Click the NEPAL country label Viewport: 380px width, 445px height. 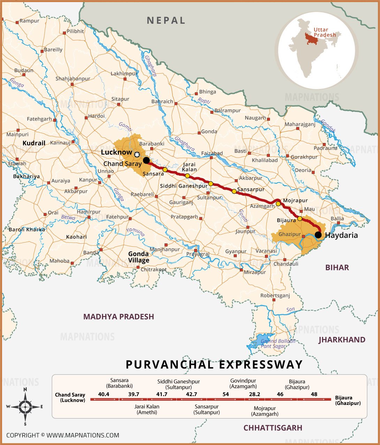click(x=166, y=20)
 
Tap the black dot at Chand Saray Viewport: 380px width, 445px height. click(x=146, y=160)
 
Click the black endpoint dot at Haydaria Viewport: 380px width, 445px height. click(x=318, y=235)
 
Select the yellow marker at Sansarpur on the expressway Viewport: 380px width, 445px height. click(x=234, y=191)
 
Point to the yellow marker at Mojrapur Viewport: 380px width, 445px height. click(x=278, y=204)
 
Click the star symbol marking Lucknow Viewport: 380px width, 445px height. click(x=137, y=154)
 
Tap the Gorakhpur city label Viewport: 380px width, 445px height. click(x=304, y=157)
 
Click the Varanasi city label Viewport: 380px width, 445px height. click(x=266, y=251)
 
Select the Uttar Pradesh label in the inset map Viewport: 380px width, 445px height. click(x=325, y=32)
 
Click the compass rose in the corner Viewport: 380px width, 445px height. click(x=25, y=406)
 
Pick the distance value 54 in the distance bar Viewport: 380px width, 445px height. click(x=226, y=394)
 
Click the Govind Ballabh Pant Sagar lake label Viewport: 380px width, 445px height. click(x=278, y=344)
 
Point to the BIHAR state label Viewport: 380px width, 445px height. click(x=337, y=267)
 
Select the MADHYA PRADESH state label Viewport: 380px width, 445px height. click(x=119, y=317)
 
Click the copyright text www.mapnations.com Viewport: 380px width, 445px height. click(x=63, y=435)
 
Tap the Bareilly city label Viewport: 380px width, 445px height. click(x=53, y=50)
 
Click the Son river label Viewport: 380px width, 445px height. click(x=290, y=309)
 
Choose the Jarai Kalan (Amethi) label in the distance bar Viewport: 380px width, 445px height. click(x=147, y=409)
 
